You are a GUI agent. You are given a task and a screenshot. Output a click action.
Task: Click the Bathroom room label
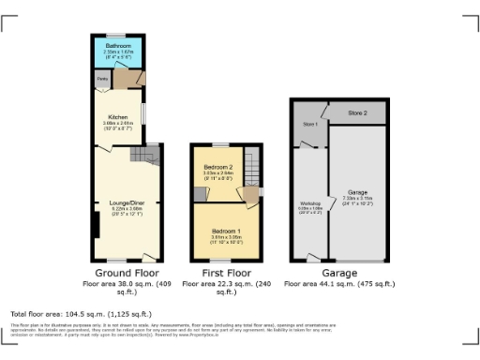coord(118,45)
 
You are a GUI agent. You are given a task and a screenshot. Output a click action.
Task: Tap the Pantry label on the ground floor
coord(101,80)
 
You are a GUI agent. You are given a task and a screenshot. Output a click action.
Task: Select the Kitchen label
coord(117,116)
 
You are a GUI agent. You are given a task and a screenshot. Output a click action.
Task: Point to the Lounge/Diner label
coord(125,203)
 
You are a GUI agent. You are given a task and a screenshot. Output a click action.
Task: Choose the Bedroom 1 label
coord(225,231)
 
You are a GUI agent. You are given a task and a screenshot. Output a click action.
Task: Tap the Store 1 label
coord(308,123)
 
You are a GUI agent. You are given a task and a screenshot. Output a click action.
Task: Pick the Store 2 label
coord(357,112)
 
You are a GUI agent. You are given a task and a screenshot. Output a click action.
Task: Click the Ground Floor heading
coord(125,272)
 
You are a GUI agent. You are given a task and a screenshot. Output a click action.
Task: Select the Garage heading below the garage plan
coord(338,272)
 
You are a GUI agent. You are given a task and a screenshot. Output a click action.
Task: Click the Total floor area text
coord(80,313)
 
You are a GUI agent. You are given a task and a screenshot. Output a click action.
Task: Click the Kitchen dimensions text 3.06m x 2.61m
coord(117,123)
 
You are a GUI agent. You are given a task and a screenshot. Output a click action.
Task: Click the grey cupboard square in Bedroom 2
coord(199,194)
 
